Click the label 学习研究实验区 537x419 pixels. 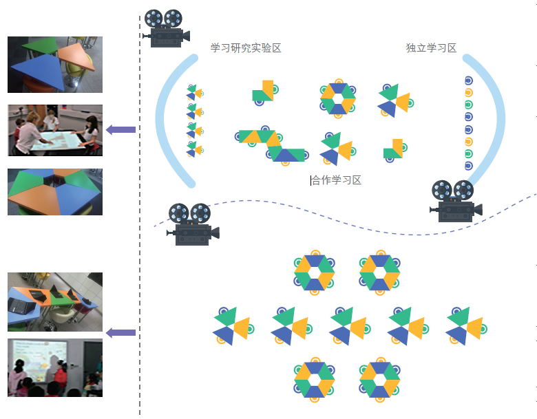246,48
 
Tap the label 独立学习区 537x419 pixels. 431,48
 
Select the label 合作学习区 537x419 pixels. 337,180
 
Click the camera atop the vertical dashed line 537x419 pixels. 165,28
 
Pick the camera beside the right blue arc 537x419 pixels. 454,201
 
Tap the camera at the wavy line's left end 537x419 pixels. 191,224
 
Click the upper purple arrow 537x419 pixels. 121,129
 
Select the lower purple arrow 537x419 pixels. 121,333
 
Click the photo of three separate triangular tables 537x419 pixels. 55,65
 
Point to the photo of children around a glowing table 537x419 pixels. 55,130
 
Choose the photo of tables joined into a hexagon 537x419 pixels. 55,192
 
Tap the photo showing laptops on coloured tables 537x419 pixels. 55,302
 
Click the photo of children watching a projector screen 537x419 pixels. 55,367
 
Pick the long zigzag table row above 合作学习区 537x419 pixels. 273,144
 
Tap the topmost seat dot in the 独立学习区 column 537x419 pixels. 468,80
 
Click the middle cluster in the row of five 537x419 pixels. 350,325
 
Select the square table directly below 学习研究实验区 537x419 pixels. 263,92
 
